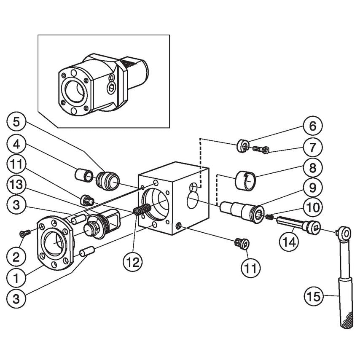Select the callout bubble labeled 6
click(x=312, y=126)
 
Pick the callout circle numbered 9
click(x=312, y=187)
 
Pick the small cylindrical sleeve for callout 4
click(x=84, y=174)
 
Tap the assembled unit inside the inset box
click(x=101, y=82)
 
